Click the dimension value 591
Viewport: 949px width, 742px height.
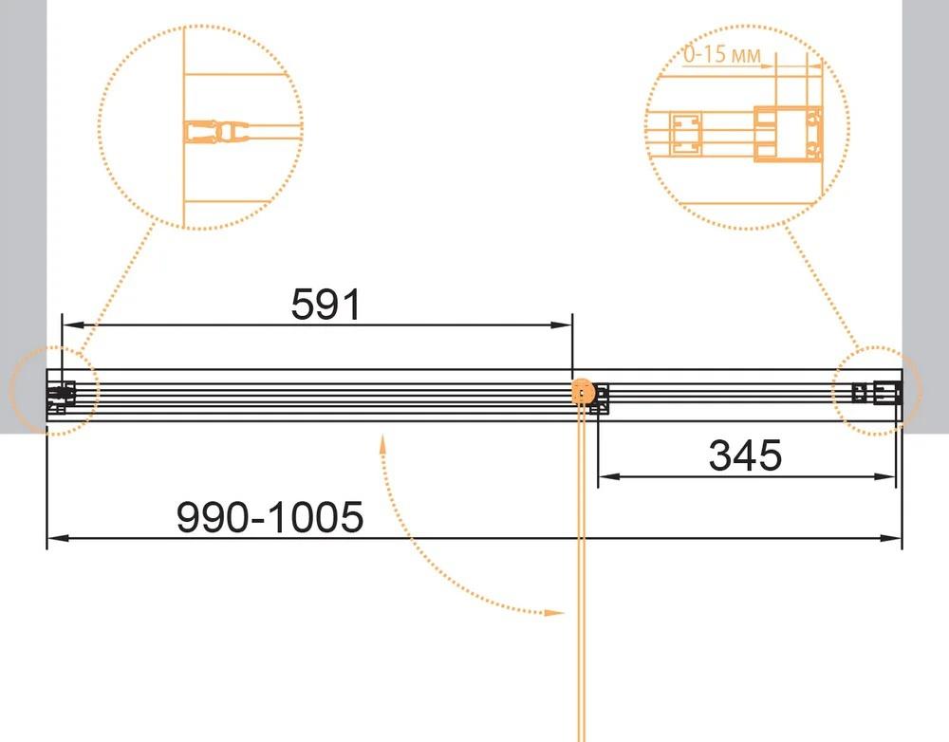tap(326, 304)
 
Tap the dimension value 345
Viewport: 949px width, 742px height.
tap(745, 455)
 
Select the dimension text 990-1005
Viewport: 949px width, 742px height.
tap(270, 517)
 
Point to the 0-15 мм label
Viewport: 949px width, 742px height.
tap(722, 54)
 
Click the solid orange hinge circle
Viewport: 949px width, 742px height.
tap(583, 392)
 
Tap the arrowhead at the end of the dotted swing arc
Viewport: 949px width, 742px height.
tap(555, 613)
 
